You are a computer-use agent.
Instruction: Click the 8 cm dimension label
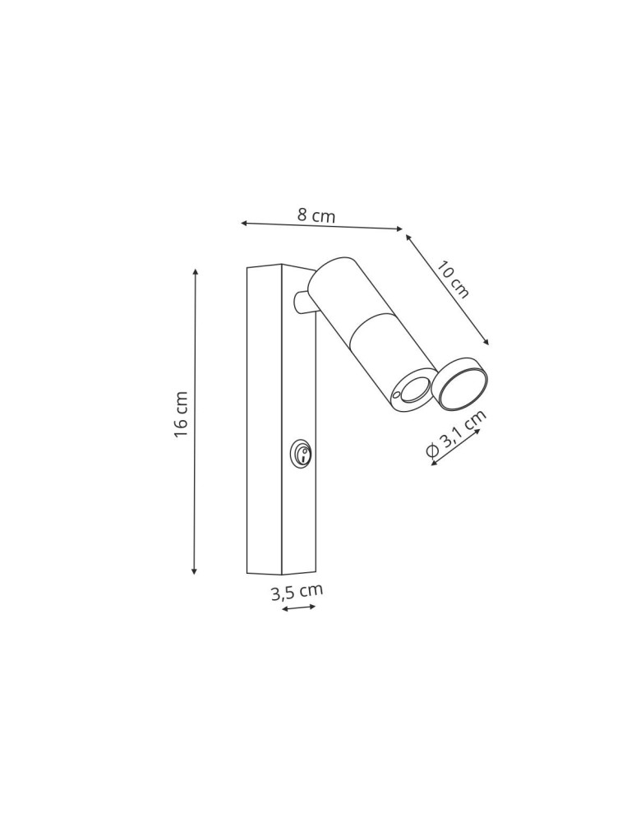click(316, 215)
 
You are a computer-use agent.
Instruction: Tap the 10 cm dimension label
click(452, 279)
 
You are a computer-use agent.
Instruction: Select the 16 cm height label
click(182, 414)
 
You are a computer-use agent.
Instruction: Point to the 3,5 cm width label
click(297, 592)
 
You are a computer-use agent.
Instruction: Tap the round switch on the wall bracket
click(301, 453)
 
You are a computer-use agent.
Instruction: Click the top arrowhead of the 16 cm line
click(196, 272)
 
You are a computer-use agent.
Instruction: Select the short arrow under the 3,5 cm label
click(298, 608)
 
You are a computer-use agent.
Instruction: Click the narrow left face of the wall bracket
click(264, 419)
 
